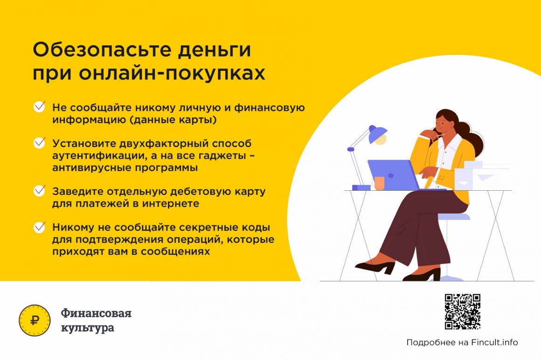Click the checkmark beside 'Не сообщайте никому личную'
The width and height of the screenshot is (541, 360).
[39, 106]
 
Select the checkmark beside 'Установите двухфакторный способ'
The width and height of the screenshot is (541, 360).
[39, 142]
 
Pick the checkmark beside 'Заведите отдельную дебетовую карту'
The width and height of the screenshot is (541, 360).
[39, 190]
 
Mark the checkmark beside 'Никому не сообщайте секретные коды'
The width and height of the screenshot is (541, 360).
[39, 227]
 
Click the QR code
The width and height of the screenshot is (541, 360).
[462, 312]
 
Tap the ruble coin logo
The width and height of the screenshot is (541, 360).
[35, 320]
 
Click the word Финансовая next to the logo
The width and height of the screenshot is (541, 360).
[96, 313]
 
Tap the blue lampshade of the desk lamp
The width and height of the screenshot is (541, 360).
[377, 134]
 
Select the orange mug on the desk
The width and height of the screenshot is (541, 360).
[379, 183]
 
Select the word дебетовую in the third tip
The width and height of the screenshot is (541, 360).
[201, 191]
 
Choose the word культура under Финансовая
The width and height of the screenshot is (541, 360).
[88, 327]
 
